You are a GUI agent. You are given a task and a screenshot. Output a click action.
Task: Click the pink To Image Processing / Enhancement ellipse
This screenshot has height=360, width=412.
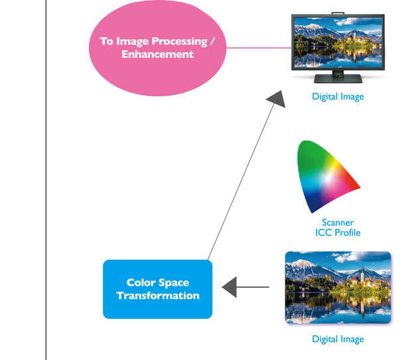point(157,48)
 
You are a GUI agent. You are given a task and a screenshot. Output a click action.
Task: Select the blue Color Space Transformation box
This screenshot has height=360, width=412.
point(158,289)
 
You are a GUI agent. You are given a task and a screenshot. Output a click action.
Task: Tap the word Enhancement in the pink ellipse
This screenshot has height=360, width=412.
point(158,54)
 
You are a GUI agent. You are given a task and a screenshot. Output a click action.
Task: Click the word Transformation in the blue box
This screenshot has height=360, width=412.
point(158,296)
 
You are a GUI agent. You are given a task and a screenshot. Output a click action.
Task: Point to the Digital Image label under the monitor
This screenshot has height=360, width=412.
point(338,97)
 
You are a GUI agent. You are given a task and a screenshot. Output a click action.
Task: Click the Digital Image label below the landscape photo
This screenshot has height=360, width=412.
point(338,339)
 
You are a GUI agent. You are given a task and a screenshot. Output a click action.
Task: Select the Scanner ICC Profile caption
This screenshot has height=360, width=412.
point(338,227)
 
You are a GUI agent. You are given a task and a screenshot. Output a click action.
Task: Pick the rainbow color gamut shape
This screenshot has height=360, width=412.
point(327,176)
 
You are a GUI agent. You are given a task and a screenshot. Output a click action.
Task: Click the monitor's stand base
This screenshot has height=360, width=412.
point(338,78)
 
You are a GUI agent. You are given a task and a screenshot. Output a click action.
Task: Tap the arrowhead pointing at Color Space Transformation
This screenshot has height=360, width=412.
point(230,287)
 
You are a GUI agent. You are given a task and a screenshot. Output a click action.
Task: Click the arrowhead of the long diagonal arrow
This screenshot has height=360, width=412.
point(277,99)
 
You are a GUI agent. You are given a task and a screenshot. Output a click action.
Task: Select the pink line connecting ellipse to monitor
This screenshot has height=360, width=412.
point(259,48)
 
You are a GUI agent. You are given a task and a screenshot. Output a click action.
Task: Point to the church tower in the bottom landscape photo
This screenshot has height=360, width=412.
point(363,274)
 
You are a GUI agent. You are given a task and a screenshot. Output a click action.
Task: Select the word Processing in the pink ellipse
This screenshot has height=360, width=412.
point(179,42)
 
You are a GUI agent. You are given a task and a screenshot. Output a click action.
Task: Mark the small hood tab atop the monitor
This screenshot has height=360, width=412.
point(338,13)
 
